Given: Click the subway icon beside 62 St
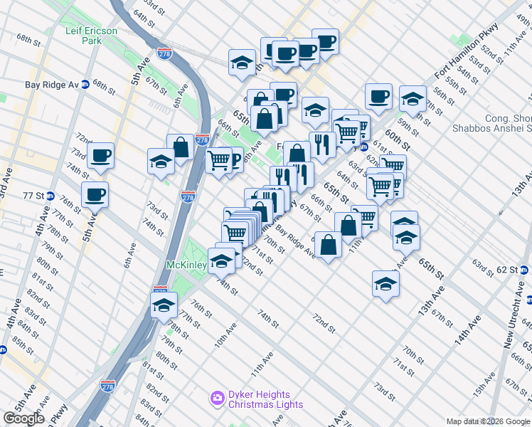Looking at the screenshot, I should tap(524, 270).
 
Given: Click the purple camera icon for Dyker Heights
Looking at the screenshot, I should tap(218, 399).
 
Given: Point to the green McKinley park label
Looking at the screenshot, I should tap(186, 265).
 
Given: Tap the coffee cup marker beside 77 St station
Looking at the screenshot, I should tap(95, 194).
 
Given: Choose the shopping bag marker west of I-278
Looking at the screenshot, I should tap(181, 147).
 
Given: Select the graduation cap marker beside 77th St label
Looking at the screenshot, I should tap(164, 305).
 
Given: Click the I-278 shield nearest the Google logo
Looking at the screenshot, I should tap(107, 385).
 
